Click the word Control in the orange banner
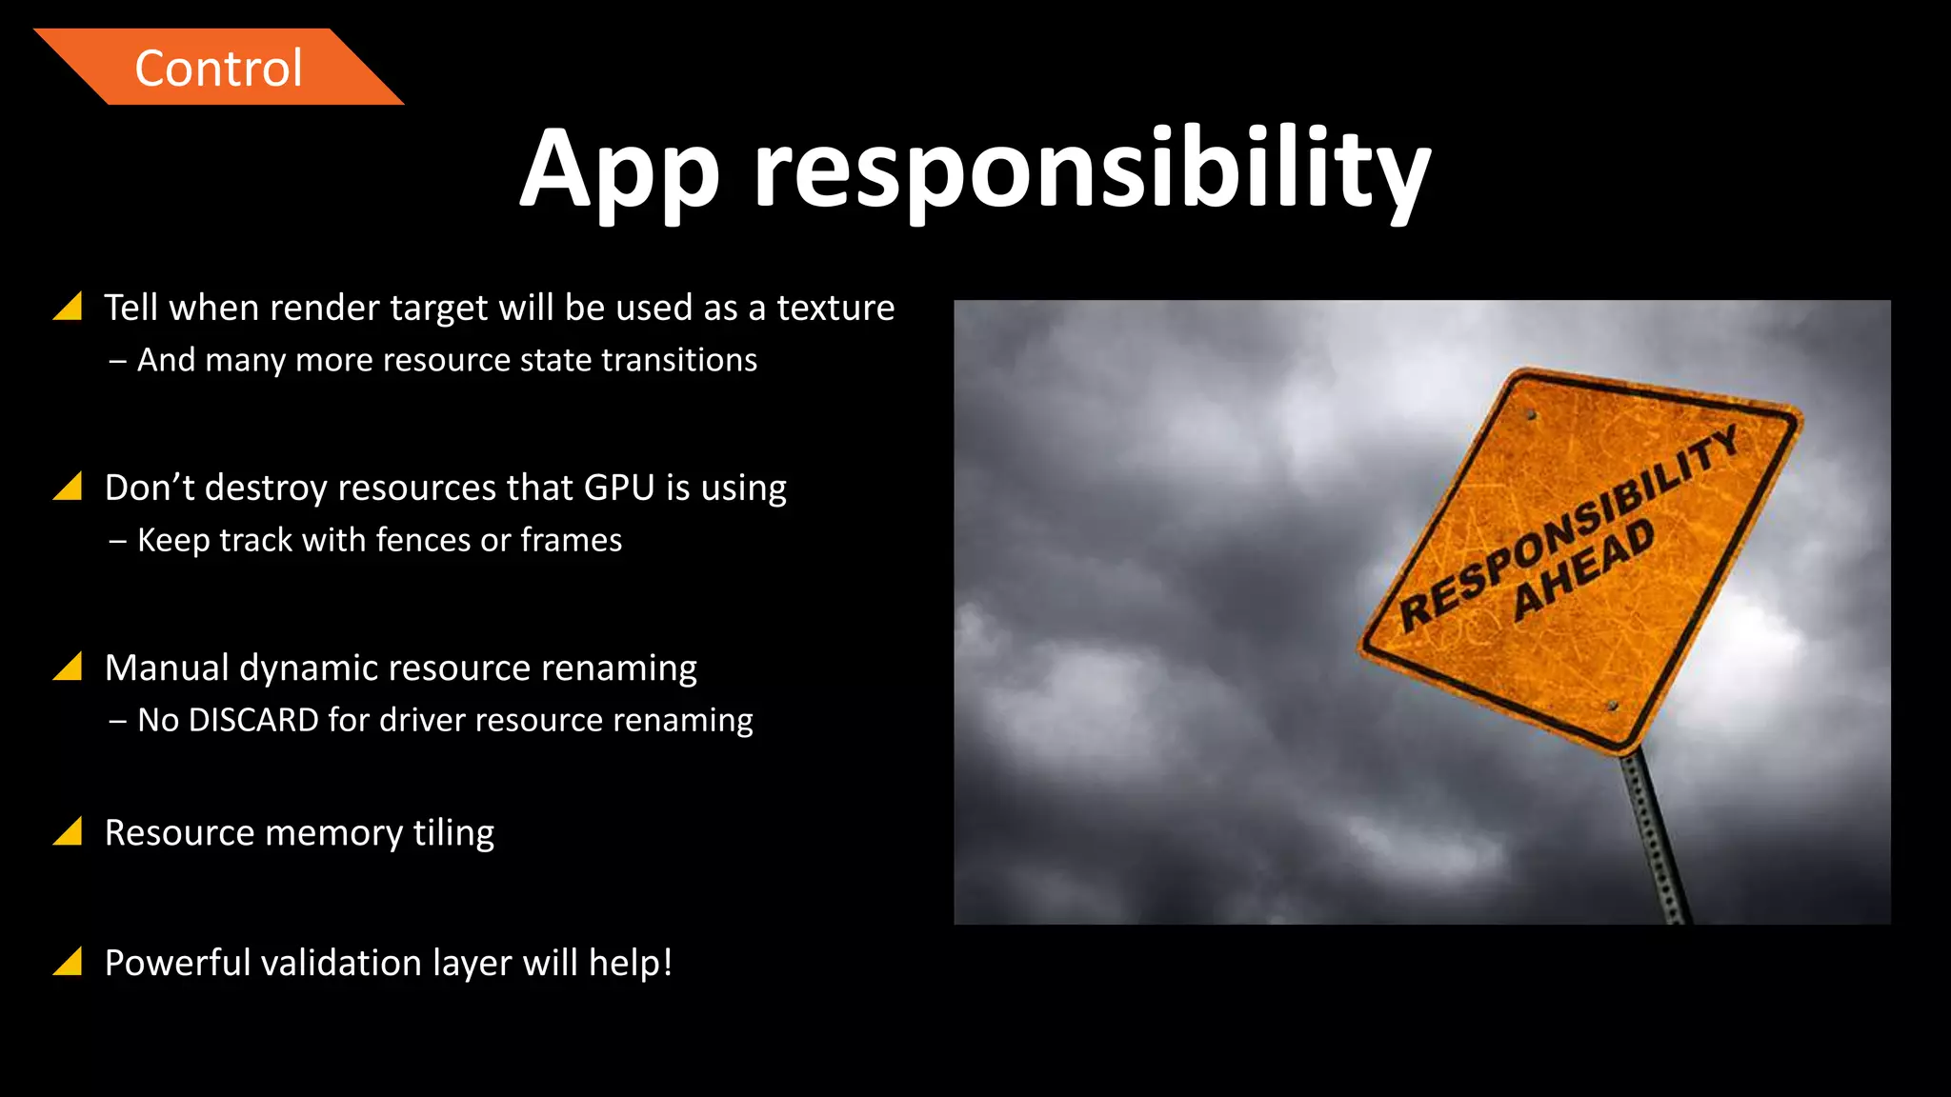[218, 69]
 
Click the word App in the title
[619, 171]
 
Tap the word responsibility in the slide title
[1092, 171]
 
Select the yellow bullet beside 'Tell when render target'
[69, 307]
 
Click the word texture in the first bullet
[835, 308]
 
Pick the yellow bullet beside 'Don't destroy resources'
[69, 487]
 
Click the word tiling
[453, 833]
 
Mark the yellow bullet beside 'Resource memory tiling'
[69, 832]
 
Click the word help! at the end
[631, 963]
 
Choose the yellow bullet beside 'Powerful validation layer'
[69, 963]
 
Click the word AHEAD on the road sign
[1584, 569]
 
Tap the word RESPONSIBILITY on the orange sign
[1568, 529]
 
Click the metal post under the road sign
[1658, 838]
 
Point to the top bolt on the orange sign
[1531, 415]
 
